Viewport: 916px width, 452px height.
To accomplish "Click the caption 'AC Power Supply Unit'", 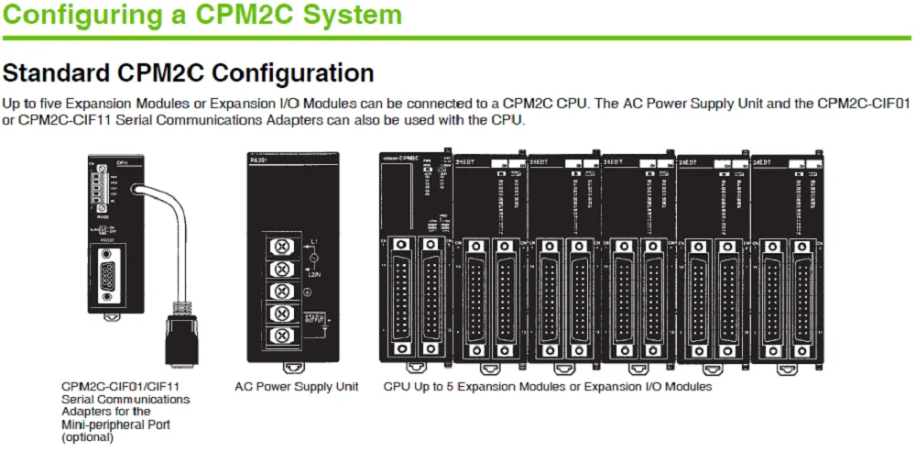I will (296, 387).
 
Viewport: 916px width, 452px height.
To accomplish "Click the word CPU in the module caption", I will (395, 387).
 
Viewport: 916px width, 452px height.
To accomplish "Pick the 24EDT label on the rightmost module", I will (761, 161).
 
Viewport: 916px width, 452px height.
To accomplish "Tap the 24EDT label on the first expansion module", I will (464, 161).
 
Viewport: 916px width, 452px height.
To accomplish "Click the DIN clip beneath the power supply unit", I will (292, 369).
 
